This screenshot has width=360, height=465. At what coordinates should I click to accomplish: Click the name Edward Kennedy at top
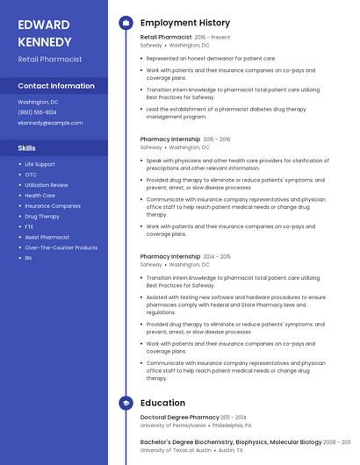click(45, 32)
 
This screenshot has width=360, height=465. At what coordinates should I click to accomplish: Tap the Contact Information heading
click(56, 86)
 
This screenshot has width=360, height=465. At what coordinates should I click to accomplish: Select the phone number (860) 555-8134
click(37, 112)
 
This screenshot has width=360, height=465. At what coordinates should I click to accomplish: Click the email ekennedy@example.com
click(50, 123)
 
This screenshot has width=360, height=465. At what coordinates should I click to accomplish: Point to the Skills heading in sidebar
click(27, 147)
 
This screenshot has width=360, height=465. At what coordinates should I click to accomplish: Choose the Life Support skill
click(40, 164)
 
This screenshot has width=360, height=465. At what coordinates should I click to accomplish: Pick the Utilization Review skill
click(46, 185)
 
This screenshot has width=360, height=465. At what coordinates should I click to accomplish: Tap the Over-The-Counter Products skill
click(61, 247)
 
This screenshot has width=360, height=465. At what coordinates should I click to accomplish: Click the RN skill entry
click(28, 258)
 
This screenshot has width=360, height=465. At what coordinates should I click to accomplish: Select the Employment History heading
click(185, 23)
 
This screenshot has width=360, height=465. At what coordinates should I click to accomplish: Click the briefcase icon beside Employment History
click(126, 23)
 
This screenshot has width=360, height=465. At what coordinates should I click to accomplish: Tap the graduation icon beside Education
click(126, 403)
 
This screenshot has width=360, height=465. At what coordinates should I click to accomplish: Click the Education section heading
click(162, 403)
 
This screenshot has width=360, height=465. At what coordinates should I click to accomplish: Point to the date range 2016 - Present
click(212, 38)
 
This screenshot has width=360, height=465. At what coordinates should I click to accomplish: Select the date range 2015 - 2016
click(217, 139)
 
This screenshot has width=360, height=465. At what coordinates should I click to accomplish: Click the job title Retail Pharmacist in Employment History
click(166, 38)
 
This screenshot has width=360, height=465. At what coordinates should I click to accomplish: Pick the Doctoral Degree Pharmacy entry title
click(179, 418)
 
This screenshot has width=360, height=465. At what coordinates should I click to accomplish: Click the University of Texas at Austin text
click(176, 450)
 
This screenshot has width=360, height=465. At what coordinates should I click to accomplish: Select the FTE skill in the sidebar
click(29, 226)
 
